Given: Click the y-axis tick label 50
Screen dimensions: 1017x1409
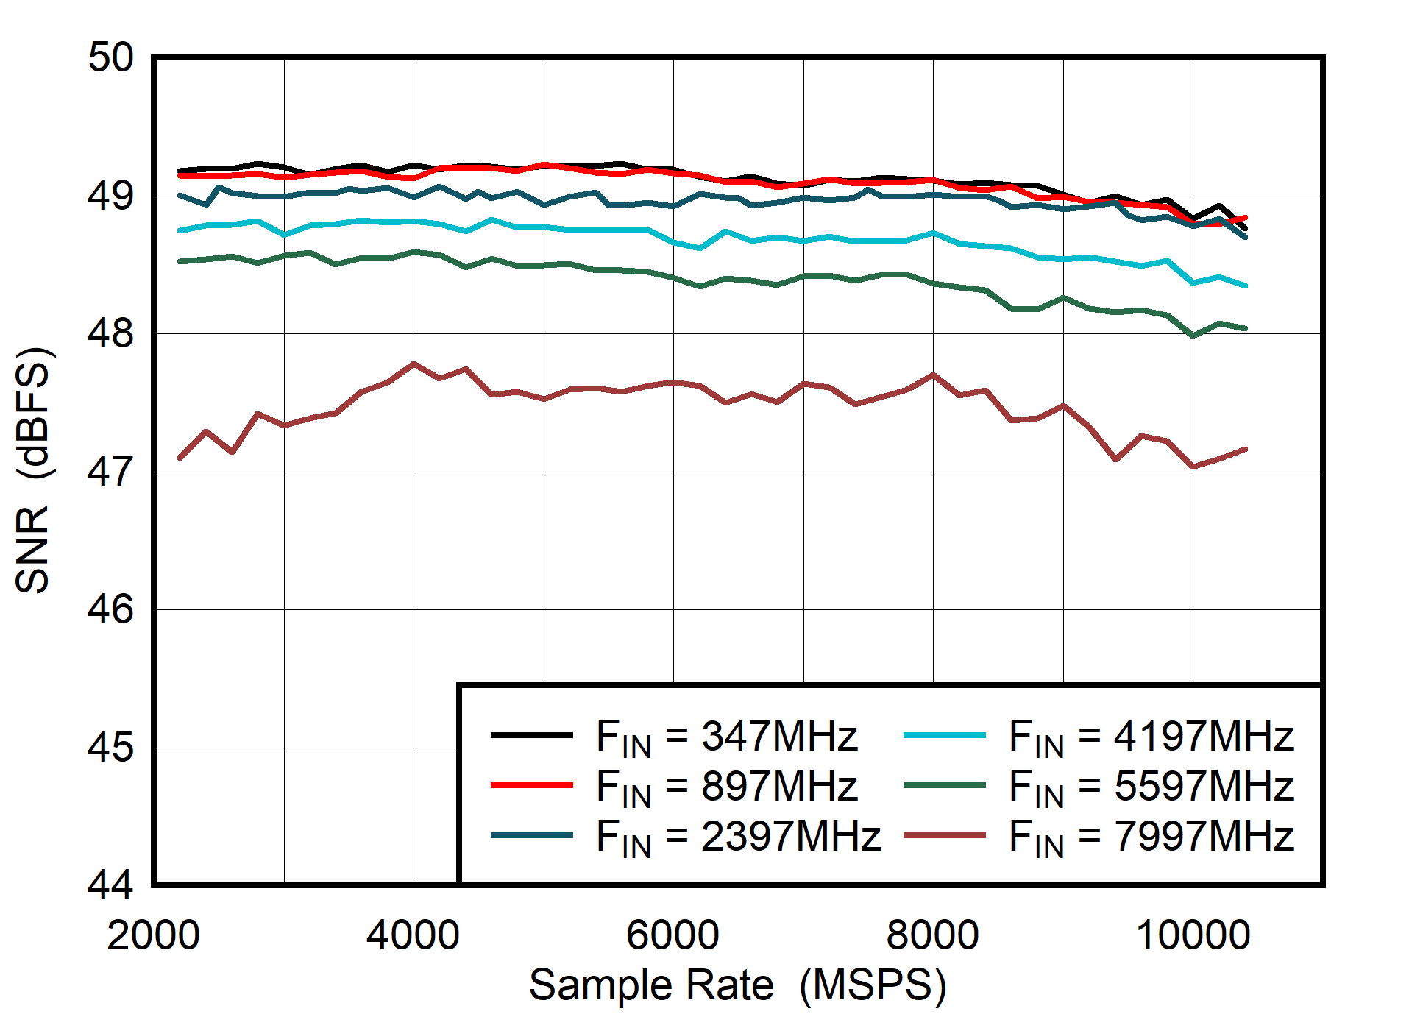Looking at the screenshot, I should [110, 57].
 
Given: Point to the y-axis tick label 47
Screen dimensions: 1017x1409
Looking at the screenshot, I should [110, 472].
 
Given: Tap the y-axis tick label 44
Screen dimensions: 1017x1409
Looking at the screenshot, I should [110, 885].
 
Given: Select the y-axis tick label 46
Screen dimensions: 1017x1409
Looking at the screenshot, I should [110, 609].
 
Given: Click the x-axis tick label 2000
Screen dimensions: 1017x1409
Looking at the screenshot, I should [153, 936].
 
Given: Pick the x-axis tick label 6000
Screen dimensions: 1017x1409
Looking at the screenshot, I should [672, 936].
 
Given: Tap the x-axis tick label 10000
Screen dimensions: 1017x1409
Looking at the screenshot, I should [1193, 936].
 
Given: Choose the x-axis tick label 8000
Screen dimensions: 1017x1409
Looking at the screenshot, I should [932, 936].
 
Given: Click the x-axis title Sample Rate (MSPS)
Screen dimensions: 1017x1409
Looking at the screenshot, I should [737, 985].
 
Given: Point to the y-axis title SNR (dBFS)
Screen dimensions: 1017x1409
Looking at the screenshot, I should [33, 469].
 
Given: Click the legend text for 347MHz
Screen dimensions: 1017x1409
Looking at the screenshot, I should [726, 737].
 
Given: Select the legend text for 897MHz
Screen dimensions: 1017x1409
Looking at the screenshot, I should [726, 786].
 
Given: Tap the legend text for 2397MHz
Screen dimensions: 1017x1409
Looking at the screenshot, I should [738, 837].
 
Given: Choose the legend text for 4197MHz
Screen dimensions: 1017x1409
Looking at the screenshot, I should [1150, 737].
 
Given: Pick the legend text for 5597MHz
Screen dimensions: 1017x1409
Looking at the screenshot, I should [1150, 786].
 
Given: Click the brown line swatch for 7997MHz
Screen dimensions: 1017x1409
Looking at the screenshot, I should [944, 835].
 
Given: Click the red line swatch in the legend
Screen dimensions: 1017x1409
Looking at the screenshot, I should [531, 785].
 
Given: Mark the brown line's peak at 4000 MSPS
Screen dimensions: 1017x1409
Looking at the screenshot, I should [414, 364].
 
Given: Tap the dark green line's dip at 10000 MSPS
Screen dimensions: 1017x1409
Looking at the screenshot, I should [1193, 336].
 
